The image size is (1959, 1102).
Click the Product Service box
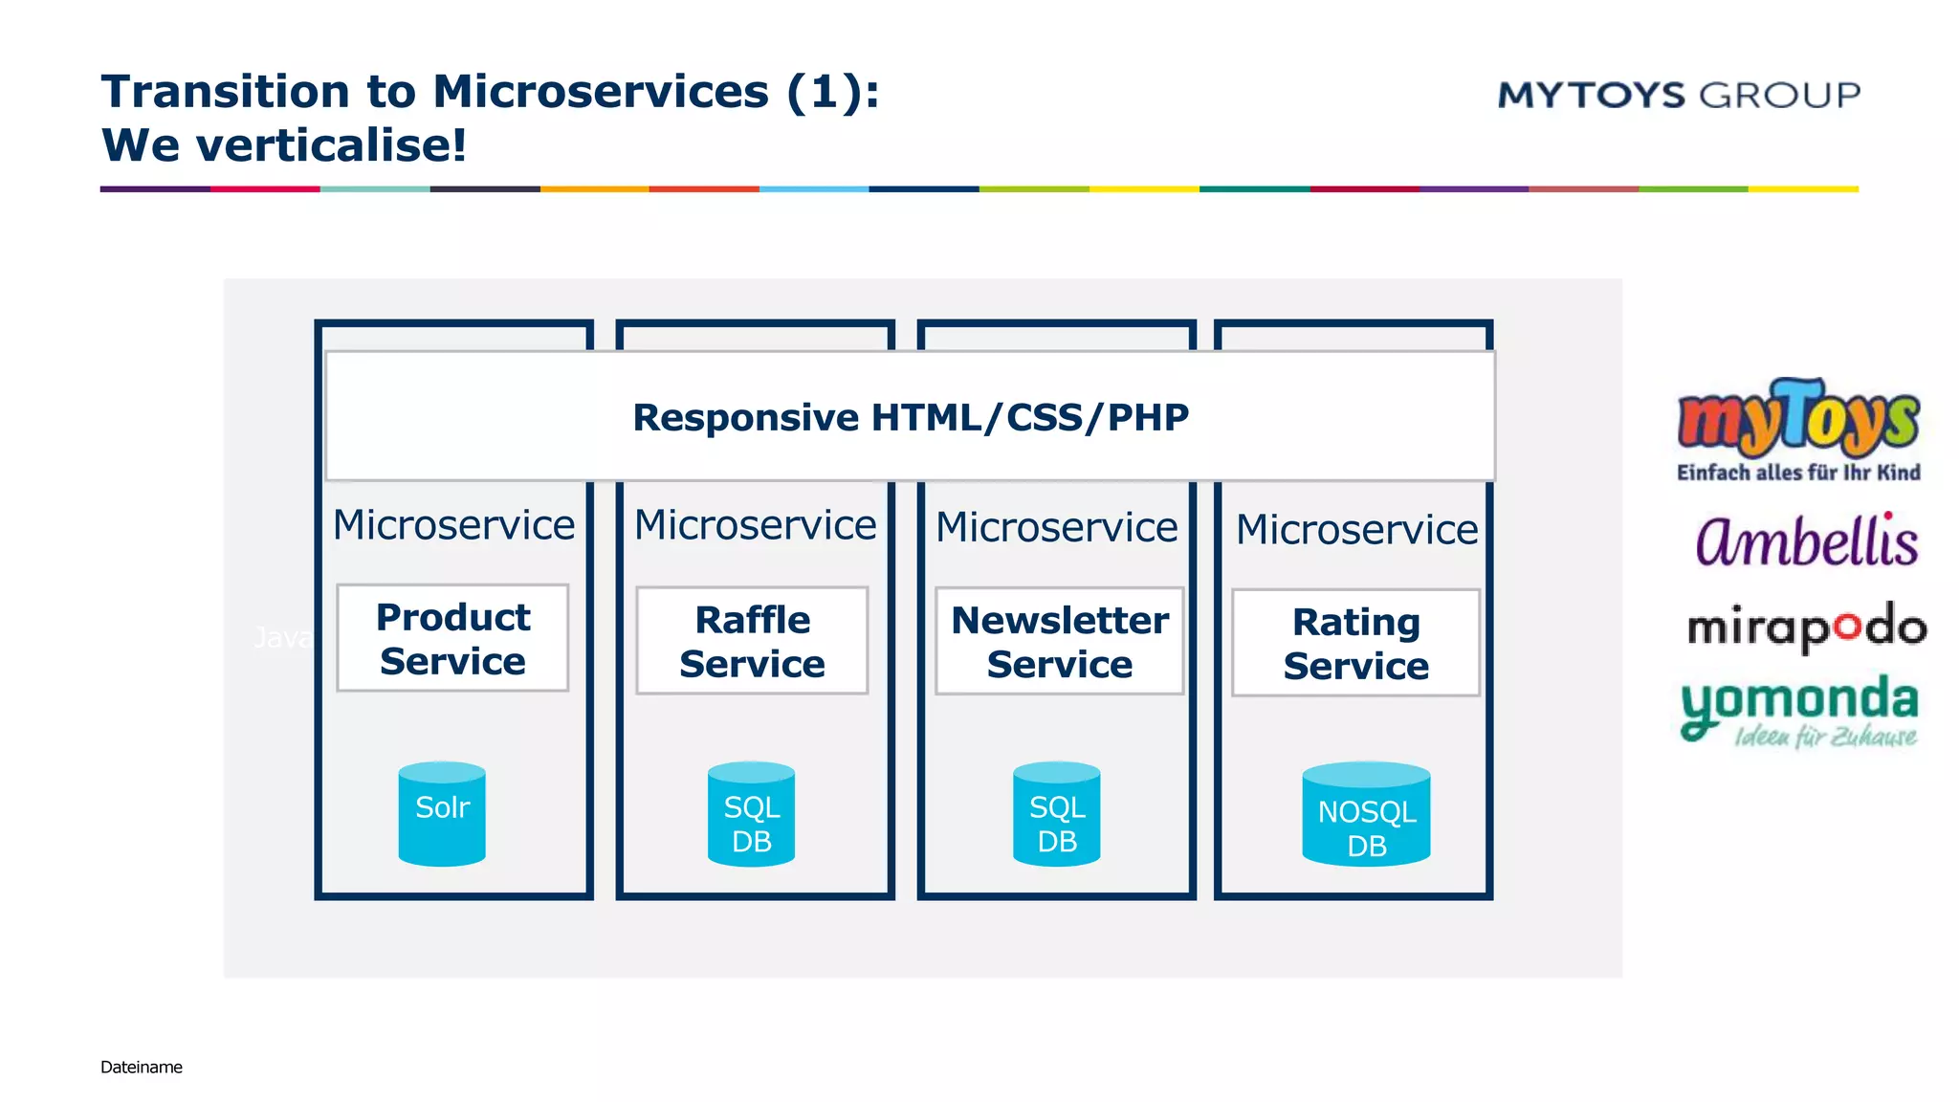[x=452, y=638]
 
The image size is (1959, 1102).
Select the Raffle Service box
[x=752, y=641]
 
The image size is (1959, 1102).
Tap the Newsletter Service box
[x=1059, y=641]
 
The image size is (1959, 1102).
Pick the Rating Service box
[x=1355, y=643]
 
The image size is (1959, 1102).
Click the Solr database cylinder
[x=442, y=813]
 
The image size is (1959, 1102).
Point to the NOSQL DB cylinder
[x=1366, y=815]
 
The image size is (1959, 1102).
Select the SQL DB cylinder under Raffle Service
[x=751, y=815]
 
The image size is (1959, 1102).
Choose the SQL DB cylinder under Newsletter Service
[x=1056, y=815]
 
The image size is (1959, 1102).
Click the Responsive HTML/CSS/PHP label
[x=910, y=417]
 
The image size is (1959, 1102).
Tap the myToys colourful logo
[x=1797, y=420]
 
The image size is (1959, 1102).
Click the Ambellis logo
[x=1805, y=541]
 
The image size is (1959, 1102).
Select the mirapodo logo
[x=1806, y=628]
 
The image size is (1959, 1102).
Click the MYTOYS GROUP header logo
[x=1678, y=95]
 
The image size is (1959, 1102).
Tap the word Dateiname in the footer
[x=141, y=1067]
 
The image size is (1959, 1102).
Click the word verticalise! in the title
[x=331, y=145]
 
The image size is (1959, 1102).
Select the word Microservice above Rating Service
[x=1356, y=529]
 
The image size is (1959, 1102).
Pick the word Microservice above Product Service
[x=453, y=524]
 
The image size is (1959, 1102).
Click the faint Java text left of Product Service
[x=282, y=637]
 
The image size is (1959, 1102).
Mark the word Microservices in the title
[x=600, y=92]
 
